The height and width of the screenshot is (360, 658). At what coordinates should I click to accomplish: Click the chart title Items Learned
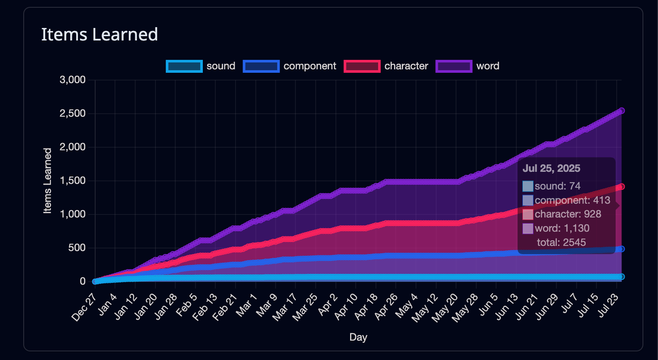99,34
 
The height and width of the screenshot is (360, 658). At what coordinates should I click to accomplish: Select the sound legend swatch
184,66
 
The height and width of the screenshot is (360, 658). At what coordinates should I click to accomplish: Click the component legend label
310,66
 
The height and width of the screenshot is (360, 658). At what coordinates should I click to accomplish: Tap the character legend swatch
362,66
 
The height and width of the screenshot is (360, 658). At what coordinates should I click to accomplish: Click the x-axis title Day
358,337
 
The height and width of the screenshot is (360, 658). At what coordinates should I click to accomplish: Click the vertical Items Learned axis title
47,181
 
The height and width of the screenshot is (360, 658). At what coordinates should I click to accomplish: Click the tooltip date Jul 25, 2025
552,168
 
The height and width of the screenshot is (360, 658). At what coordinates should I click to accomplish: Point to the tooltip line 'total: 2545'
561,242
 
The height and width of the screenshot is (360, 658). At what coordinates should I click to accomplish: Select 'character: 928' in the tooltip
568,214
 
